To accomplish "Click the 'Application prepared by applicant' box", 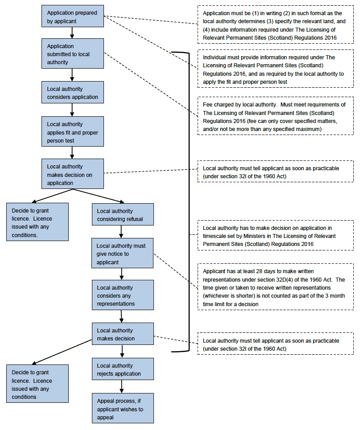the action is (73, 16).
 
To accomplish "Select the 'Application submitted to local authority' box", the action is (73, 53).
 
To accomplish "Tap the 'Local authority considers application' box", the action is (73, 92).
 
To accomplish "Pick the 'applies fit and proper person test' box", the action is (73, 131).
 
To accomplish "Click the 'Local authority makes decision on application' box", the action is (73, 174).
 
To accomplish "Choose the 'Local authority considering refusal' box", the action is (123, 214).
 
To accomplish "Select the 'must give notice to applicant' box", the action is (123, 253).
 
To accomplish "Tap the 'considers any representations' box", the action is (123, 295).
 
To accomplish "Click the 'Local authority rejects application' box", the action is (123, 369).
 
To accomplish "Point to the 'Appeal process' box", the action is (123, 408).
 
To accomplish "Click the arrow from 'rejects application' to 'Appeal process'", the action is (122, 387).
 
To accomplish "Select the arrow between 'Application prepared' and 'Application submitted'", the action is (72, 33).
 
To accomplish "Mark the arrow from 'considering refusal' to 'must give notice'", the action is (121, 232).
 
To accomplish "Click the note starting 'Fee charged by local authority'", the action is (275, 116).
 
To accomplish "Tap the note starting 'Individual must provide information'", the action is (275, 69).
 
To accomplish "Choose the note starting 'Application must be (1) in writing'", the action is (275, 25).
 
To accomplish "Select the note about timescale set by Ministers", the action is (275, 236).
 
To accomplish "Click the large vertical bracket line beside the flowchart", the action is (189, 202).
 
